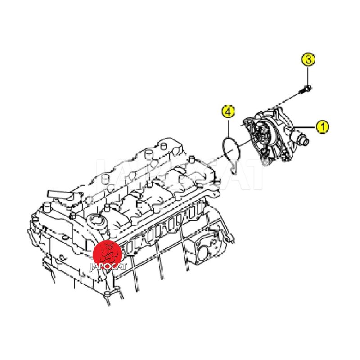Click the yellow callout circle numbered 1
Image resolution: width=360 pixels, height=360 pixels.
[322, 127]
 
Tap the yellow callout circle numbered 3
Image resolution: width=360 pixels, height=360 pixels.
[308, 60]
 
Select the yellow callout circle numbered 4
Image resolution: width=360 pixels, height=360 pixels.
[228, 112]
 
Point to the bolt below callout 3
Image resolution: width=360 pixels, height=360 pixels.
[305, 90]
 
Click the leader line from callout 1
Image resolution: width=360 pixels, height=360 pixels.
[305, 127]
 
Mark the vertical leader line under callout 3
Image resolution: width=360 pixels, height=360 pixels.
[308, 76]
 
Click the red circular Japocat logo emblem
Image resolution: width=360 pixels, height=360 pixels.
[108, 254]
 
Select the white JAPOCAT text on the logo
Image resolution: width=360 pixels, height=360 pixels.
[108, 266]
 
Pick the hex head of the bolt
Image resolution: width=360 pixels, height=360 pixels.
[309, 88]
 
